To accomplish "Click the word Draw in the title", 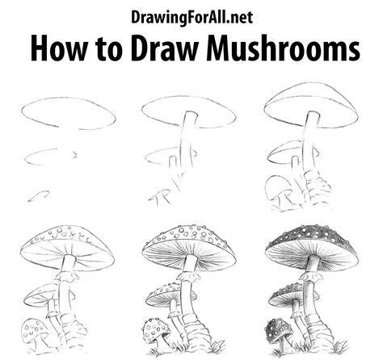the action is [x=167, y=48].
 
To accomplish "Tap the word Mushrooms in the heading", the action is [x=284, y=48].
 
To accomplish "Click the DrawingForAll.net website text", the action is [x=191, y=18].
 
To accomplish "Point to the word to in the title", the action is [x=111, y=50].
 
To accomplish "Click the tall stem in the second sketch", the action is [x=187, y=140].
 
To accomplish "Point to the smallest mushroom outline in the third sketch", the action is [x=277, y=188].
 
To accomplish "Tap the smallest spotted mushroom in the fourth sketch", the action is [x=35, y=329].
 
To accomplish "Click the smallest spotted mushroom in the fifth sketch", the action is [x=156, y=329].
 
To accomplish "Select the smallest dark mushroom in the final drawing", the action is [x=280, y=330].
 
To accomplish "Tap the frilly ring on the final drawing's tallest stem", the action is [x=309, y=276].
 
